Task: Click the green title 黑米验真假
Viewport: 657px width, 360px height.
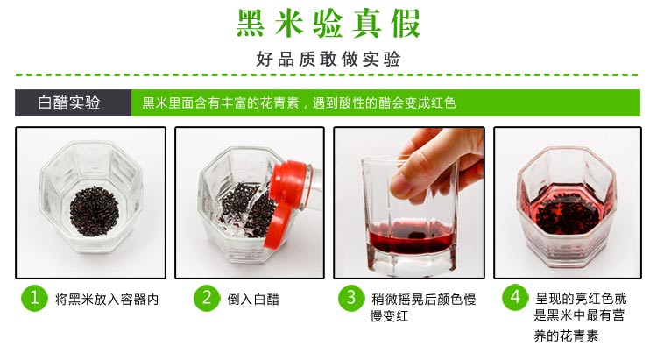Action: coord(328,23)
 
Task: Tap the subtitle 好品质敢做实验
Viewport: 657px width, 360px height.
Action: coord(328,59)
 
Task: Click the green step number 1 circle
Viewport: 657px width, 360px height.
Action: coord(34,298)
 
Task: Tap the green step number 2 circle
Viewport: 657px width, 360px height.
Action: coord(207,298)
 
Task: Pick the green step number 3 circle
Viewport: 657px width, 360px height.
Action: coord(351,298)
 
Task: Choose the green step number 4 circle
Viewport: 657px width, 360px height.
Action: coord(515,297)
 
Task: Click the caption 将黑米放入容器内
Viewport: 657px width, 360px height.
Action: coord(107,300)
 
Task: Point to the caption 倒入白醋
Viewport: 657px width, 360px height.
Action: coord(253,300)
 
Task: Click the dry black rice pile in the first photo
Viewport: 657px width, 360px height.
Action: coord(95,211)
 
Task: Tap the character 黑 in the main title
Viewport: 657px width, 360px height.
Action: coord(251,23)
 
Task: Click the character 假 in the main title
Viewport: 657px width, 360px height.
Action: coord(406,23)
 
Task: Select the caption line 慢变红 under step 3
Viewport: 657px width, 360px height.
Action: coord(389,315)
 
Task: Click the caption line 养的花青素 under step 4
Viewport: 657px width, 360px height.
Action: coord(566,335)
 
